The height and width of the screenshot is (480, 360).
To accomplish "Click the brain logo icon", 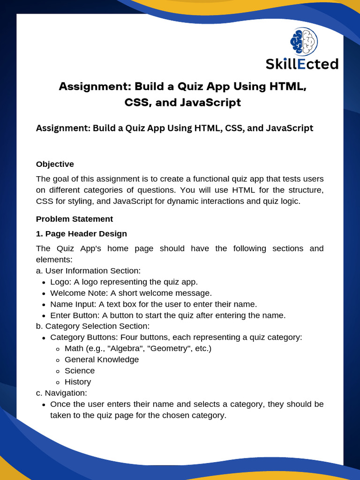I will click(x=304, y=41).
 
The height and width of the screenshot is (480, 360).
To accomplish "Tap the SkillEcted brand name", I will click(x=302, y=64).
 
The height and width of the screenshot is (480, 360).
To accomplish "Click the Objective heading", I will click(x=55, y=164).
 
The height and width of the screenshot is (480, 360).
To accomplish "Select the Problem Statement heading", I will click(x=74, y=219).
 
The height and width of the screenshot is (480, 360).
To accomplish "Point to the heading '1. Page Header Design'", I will click(x=81, y=233).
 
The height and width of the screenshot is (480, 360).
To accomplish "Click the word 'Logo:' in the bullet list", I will click(x=60, y=282).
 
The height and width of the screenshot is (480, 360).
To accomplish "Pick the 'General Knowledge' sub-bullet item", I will click(x=102, y=360).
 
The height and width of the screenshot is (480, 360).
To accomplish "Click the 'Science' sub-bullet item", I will click(x=80, y=371).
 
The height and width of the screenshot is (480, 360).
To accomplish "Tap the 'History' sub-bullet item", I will click(x=78, y=382).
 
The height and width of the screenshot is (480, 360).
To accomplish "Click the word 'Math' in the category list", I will click(x=74, y=348).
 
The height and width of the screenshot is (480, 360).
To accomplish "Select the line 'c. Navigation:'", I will click(x=61, y=393).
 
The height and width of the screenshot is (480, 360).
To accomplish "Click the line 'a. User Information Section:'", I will click(x=88, y=271).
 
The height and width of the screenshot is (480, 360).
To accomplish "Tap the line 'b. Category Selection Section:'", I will click(x=93, y=326).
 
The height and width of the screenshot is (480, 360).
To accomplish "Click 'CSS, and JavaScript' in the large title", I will click(x=183, y=102).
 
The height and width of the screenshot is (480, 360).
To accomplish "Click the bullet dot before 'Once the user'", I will click(x=43, y=405).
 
